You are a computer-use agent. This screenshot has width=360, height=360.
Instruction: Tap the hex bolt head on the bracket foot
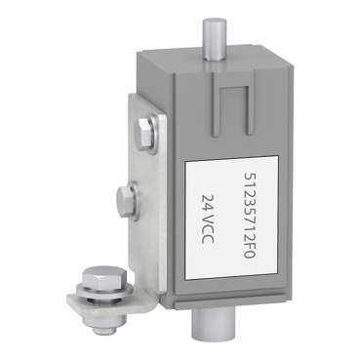(x=100, y=279)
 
